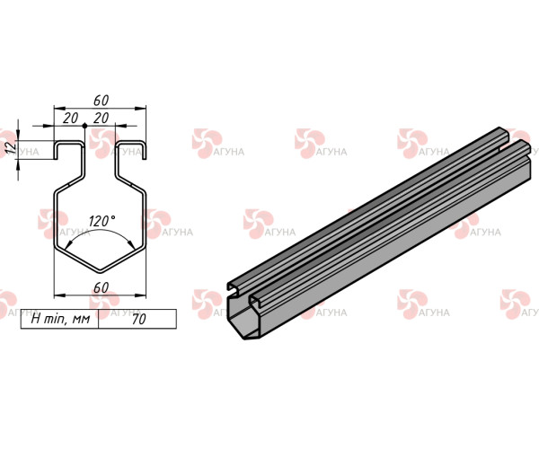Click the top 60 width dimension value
(101, 101)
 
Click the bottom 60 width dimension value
(101, 288)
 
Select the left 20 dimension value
(70, 119)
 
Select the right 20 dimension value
(101, 119)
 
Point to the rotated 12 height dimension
(12, 147)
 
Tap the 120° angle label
(102, 221)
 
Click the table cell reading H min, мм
(60, 319)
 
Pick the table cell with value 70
(137, 319)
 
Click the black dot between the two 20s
(85, 126)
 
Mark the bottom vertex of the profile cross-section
(100, 273)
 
